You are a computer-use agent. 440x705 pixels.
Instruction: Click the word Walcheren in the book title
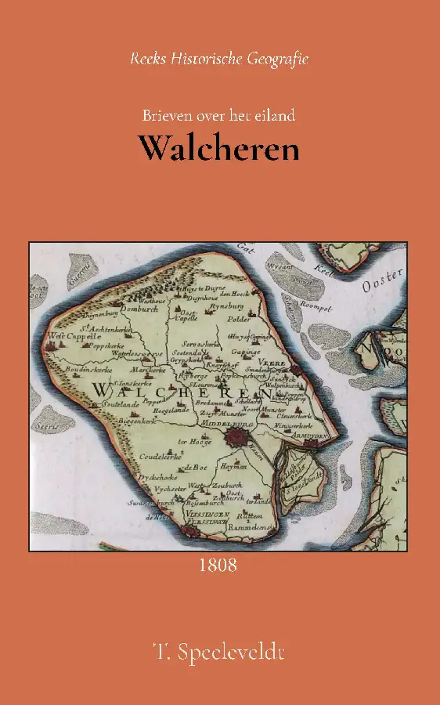pos(219,147)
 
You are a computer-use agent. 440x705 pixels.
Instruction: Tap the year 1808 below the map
pos(218,564)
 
